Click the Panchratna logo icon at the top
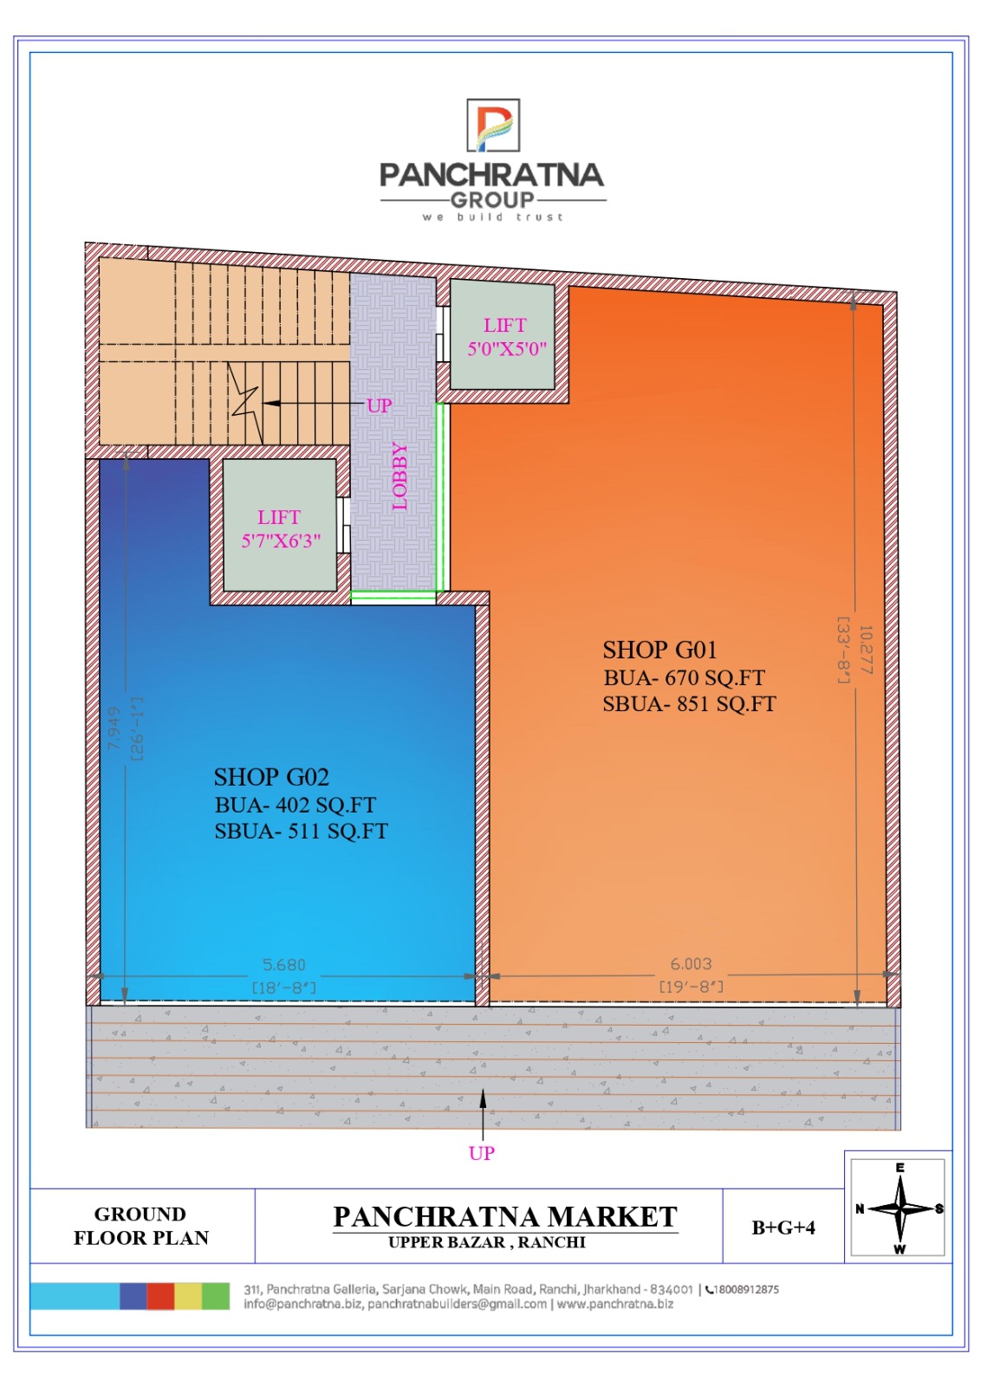click(x=492, y=125)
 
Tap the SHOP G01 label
click(x=659, y=651)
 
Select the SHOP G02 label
click(x=271, y=776)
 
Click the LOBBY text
click(x=400, y=476)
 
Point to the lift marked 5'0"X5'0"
click(x=502, y=334)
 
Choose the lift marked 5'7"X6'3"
click(x=280, y=525)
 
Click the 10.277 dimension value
click(x=866, y=650)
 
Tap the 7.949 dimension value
click(x=114, y=729)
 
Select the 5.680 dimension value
click(x=284, y=965)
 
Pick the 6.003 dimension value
click(x=691, y=963)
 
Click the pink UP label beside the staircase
click(x=379, y=406)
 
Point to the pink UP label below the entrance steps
click(x=482, y=1153)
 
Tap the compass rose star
click(x=900, y=1208)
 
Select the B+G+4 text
click(x=783, y=1227)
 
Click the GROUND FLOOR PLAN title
click(x=141, y=1226)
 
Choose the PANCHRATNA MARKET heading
click(x=505, y=1216)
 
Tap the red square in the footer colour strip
click(x=160, y=1296)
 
